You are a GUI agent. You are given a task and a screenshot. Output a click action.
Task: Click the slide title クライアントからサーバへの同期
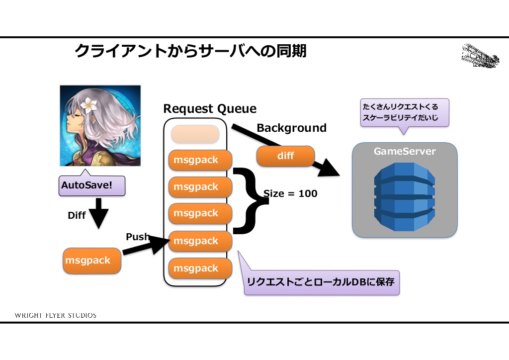tap(190, 51)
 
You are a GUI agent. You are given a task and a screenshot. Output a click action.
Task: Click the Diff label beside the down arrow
tap(77, 216)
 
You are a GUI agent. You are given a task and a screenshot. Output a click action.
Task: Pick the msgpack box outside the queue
tap(92, 261)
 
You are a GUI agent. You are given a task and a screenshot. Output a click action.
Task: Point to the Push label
tap(137, 237)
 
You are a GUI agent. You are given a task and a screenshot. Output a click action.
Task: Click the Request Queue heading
tap(210, 109)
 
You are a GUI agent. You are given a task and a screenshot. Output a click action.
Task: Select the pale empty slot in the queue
tap(195, 134)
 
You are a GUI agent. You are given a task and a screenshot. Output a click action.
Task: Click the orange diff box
tap(286, 156)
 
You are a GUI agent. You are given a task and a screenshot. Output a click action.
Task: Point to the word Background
tap(291, 128)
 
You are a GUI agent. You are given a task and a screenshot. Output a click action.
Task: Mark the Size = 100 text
tap(290, 194)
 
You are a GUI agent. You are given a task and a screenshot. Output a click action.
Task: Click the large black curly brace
tap(247, 200)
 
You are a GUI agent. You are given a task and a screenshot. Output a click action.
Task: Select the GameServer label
tap(405, 152)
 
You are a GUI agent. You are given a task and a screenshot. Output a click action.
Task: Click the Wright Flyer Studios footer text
tap(56, 315)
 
